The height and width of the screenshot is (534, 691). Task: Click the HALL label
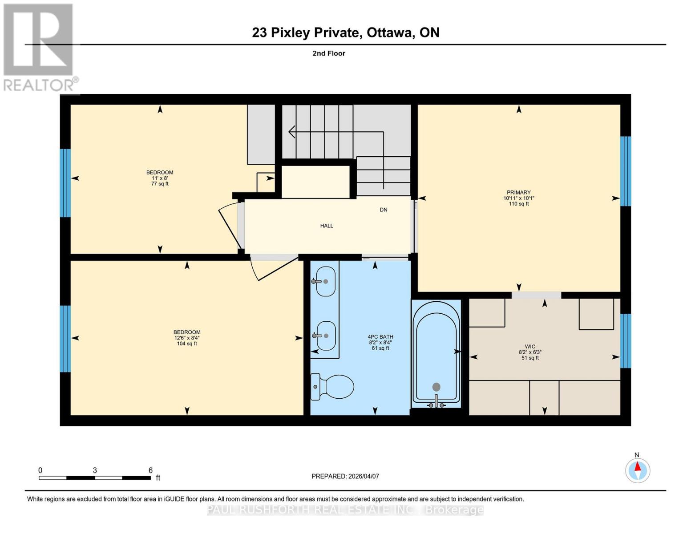[327, 226]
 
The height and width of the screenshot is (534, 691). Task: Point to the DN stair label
[383, 210]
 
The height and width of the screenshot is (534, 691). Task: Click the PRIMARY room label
[518, 193]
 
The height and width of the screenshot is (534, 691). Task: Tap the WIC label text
[530, 346]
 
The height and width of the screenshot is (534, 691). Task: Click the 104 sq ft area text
[187, 344]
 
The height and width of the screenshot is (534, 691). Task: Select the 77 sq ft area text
[160, 184]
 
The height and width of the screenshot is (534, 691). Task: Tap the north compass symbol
[638, 470]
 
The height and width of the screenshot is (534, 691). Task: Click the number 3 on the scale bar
[95, 470]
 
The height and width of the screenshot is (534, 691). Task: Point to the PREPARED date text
[345, 476]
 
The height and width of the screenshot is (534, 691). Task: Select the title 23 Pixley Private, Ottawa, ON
[345, 32]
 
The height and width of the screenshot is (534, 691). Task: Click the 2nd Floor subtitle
[329, 53]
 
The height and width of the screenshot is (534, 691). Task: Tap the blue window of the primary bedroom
[626, 171]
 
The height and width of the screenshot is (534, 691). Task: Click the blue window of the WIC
[626, 340]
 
